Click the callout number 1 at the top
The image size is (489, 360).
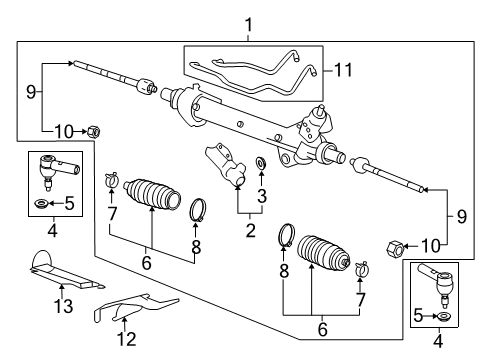coord(249,26)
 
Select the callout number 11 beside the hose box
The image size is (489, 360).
coord(343,70)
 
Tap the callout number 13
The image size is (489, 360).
coord(63,306)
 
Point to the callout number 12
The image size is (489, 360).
coord(127,339)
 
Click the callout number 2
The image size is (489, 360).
coord(250,230)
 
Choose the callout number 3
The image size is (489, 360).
coord(262,196)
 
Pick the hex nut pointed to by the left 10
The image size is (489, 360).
coord(94,131)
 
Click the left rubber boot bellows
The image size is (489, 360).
coord(152,195)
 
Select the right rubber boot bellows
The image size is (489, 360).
coord(323,253)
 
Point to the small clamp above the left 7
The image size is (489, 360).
coord(111,180)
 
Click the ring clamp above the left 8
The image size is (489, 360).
coord(198,209)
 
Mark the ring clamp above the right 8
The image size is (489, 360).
coord(287,235)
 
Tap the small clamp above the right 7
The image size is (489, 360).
coord(361,269)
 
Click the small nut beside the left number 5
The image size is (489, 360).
coord(42,202)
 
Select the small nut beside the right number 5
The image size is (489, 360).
coord(444,316)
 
